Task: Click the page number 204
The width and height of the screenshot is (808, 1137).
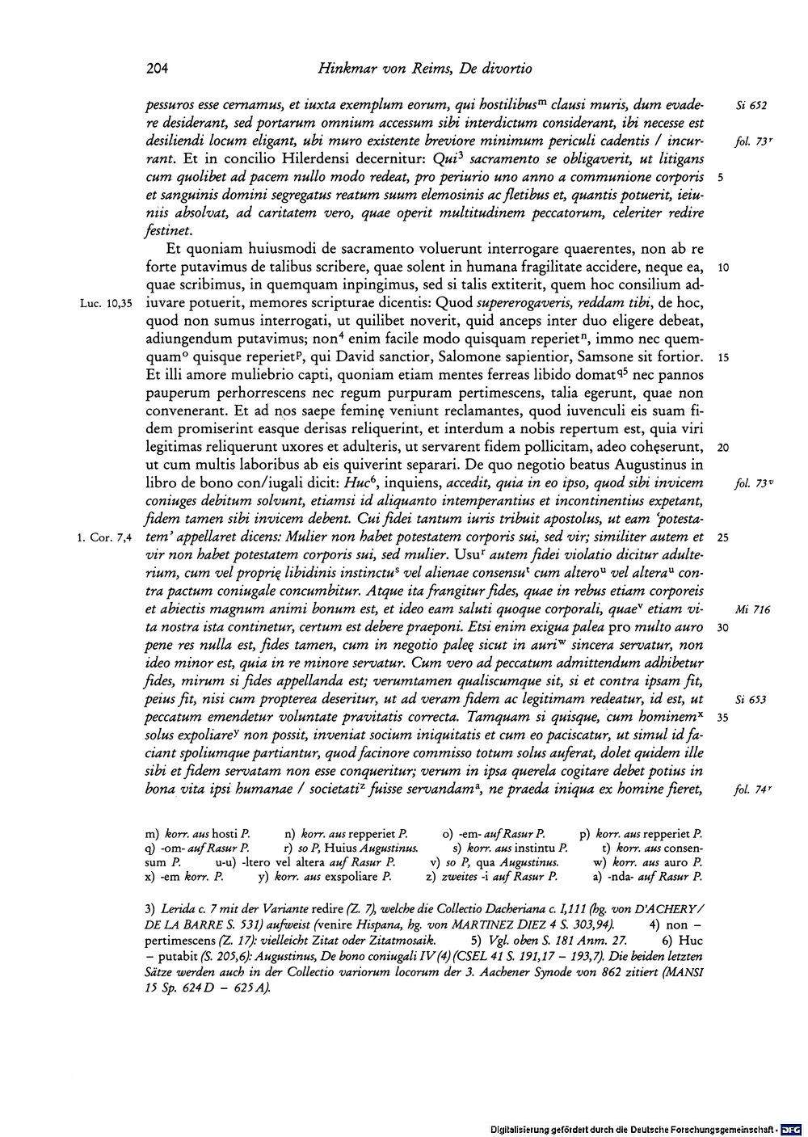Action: click(x=157, y=69)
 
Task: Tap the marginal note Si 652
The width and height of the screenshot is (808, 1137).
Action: click(x=751, y=105)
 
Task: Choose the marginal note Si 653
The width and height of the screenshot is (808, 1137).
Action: click(x=751, y=700)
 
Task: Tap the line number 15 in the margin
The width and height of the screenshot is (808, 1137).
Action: click(x=722, y=358)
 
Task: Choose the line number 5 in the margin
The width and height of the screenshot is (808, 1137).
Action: click(x=718, y=177)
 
